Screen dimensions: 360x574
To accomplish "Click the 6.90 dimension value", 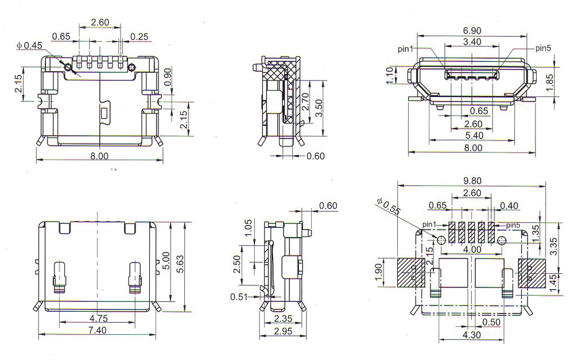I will coord(472,30).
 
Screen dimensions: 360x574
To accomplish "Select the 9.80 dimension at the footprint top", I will coord(472,180).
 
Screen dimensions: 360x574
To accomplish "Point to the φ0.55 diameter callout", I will coord(389,207).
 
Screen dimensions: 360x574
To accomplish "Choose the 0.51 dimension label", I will coord(239,296).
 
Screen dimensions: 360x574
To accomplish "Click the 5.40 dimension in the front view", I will coord(472,136).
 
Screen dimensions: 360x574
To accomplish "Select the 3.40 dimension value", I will coord(472,42).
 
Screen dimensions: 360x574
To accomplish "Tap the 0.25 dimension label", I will coord(139,36).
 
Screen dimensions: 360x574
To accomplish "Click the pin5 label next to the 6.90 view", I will coord(543,48).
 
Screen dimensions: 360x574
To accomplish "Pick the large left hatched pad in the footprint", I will coord(410,272).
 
